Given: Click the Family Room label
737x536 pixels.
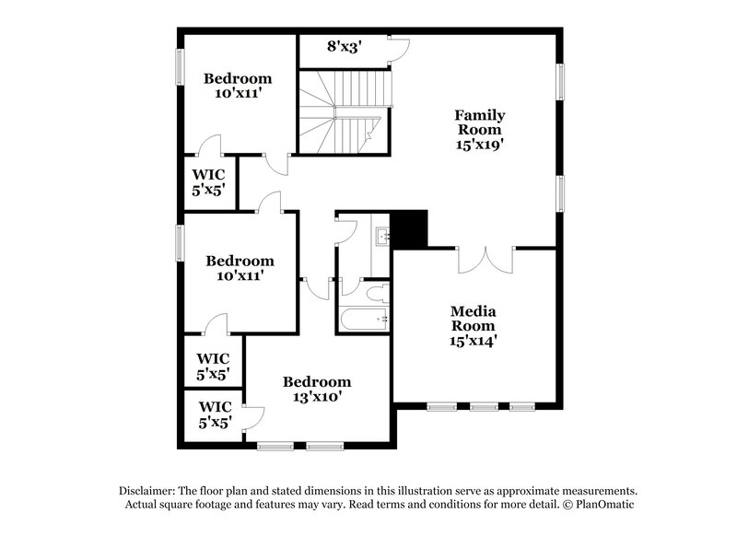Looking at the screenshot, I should pyautogui.click(x=479, y=122).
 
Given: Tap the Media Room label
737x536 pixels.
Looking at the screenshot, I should pyautogui.click(x=473, y=319).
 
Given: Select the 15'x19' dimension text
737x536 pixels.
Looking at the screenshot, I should pyautogui.click(x=479, y=145).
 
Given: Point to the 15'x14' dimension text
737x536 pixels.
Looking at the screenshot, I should pyautogui.click(x=473, y=341).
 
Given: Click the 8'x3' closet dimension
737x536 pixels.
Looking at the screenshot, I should pyautogui.click(x=345, y=46).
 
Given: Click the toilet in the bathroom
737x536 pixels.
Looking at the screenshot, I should pyautogui.click(x=376, y=295).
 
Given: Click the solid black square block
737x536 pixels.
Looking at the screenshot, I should pyautogui.click(x=411, y=229).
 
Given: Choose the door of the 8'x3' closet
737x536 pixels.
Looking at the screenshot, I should pyautogui.click(x=399, y=50).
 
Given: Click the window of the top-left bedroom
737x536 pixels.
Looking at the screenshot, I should pyautogui.click(x=180, y=69).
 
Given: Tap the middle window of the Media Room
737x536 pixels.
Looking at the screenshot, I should pyautogui.click(x=484, y=406).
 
